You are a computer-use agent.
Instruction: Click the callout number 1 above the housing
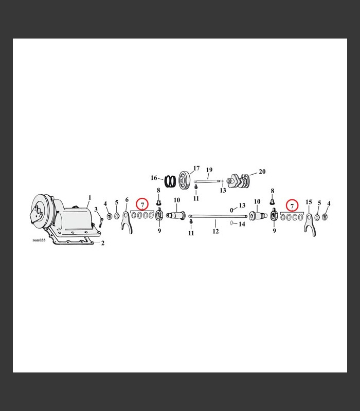89,198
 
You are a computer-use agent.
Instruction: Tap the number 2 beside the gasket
103,243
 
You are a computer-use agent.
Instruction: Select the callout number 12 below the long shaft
215,231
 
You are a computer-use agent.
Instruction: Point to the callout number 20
262,172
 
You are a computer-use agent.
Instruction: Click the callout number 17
196,168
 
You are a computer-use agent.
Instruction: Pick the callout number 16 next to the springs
154,178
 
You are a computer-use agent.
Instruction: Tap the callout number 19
209,170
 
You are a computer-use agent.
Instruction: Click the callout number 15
309,202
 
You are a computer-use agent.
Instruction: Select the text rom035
39,240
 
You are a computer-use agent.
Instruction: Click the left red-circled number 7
142,204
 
